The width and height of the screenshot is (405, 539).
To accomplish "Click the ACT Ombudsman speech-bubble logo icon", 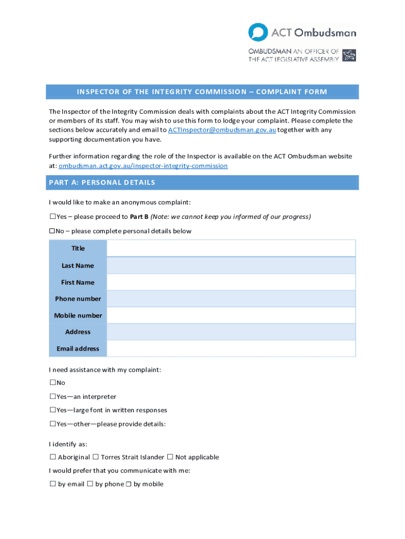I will (x=258, y=32).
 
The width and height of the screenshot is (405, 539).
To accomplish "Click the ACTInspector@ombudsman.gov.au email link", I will (x=221, y=130).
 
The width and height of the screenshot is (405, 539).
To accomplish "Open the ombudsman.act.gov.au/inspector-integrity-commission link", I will (x=143, y=166).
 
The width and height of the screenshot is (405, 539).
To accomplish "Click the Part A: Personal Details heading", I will (x=102, y=183).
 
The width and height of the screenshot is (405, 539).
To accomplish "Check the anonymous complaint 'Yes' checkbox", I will (x=53, y=216).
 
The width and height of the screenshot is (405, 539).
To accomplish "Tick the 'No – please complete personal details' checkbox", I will (x=53, y=231).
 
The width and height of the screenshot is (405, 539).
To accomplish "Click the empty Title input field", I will (x=231, y=248).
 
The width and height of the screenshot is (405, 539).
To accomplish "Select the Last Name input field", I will (x=231, y=265).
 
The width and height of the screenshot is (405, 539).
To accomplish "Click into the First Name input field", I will (x=231, y=282).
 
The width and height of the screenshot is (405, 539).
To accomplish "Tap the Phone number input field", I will (x=231, y=298).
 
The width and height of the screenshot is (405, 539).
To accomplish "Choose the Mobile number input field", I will (x=231, y=315).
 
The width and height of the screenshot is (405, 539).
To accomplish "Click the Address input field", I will (x=231, y=332).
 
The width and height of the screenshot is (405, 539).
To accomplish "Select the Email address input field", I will (x=231, y=348).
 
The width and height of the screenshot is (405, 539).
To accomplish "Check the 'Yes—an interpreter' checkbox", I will (x=53, y=396).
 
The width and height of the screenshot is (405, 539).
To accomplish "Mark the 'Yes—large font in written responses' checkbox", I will (x=53, y=410).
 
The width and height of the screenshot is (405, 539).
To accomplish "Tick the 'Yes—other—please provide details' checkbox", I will (x=53, y=424).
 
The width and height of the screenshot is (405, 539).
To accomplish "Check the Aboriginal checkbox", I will (x=53, y=457).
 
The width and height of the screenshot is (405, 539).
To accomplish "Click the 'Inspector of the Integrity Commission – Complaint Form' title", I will (x=202, y=92).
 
